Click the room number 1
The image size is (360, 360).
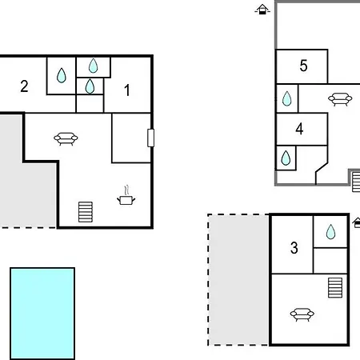(x=127, y=90)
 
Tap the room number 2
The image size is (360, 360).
(x=24, y=86)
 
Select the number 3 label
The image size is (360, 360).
(x=294, y=248)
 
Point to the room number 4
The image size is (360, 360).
(x=299, y=129)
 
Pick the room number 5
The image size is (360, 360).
(x=303, y=66)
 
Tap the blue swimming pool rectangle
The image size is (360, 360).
(x=42, y=314)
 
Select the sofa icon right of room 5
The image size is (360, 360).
(x=340, y=99)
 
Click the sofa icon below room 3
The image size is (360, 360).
(x=302, y=314)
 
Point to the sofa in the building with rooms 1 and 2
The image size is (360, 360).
(x=66, y=138)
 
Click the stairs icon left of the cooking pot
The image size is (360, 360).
(x=86, y=212)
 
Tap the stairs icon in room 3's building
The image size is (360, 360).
(x=335, y=288)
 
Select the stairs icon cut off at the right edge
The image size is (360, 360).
(x=356, y=182)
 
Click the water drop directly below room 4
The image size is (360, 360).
(x=286, y=158)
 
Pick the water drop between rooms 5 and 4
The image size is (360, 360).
(x=286, y=98)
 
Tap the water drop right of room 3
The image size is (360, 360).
(x=330, y=231)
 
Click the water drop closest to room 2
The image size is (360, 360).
(x=62, y=75)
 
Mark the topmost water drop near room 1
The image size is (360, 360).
(x=93, y=66)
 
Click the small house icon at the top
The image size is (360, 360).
(x=262, y=10)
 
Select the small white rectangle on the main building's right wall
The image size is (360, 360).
(x=150, y=138)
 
